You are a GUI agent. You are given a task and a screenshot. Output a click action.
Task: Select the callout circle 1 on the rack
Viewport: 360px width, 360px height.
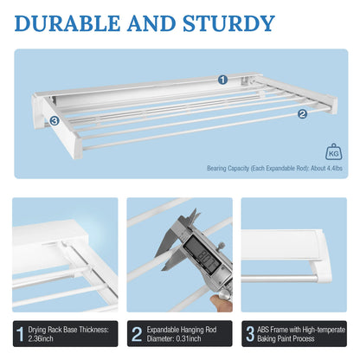click(x=222, y=79)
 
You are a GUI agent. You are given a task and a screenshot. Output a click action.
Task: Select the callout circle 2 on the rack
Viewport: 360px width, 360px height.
click(x=302, y=113)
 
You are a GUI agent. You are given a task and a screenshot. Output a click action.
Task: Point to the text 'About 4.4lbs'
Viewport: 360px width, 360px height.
click(x=325, y=169)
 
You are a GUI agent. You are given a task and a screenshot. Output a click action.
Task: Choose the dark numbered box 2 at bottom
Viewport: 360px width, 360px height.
click(x=137, y=333)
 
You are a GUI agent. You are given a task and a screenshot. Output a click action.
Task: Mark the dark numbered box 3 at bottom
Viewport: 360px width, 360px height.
click(x=252, y=333)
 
